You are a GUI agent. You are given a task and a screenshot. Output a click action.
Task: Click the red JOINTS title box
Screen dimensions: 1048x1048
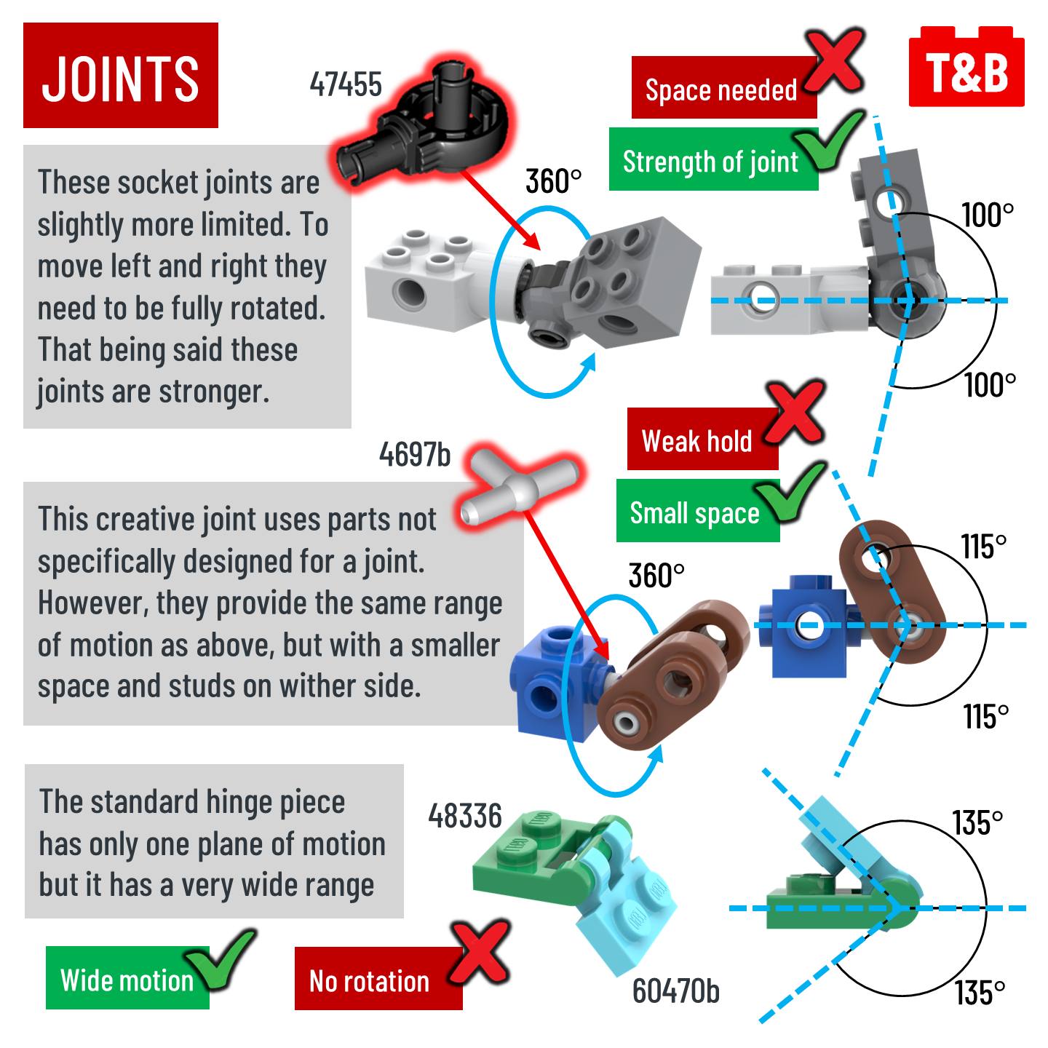tap(121, 76)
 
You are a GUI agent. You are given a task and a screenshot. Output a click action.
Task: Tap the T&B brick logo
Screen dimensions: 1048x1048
tap(966, 71)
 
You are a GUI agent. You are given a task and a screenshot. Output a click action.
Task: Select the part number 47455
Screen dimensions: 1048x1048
tap(346, 84)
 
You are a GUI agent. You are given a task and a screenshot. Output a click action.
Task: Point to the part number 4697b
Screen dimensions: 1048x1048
tap(415, 455)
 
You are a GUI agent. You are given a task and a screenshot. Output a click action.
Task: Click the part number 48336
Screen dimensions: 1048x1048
tap(465, 817)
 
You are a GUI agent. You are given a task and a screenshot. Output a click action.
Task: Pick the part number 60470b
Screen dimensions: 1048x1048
tap(675, 991)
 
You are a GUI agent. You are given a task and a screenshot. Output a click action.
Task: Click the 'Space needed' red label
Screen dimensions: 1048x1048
tap(720, 90)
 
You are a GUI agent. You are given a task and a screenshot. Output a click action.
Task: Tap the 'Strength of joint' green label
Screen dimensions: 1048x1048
tap(710, 161)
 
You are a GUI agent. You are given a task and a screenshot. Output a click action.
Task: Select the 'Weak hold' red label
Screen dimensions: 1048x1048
tap(697, 441)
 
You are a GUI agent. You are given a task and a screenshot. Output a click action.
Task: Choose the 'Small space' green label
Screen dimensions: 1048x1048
tap(694, 513)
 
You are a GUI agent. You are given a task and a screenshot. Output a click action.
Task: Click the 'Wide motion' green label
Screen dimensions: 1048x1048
tap(127, 980)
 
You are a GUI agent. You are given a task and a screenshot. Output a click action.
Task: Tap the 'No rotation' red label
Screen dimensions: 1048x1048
tap(370, 981)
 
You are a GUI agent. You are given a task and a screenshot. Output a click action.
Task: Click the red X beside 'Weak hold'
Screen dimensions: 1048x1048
tap(795, 413)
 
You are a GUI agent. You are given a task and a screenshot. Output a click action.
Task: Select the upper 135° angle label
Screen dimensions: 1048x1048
tap(977, 823)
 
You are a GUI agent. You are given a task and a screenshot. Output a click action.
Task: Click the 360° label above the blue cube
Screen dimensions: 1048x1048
tap(656, 576)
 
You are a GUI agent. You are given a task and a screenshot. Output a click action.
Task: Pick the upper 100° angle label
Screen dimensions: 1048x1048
tap(987, 215)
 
